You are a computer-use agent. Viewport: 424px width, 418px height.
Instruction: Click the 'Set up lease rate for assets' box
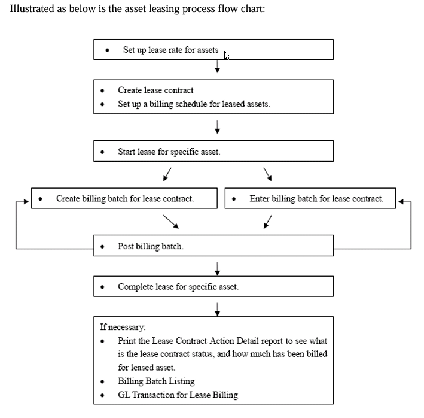point(213,50)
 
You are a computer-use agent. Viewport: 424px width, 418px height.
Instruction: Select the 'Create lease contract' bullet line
point(155,90)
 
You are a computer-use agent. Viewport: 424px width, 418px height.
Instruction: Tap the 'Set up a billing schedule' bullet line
point(194,104)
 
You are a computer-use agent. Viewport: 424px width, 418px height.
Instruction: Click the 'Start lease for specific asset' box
point(213,152)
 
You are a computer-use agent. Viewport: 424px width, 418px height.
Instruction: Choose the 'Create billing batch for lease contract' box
point(124,198)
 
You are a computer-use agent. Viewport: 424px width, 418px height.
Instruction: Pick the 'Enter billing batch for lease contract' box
point(310,198)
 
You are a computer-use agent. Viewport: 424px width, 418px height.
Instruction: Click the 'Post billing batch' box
point(213,246)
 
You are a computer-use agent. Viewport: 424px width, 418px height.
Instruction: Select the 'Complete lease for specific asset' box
point(213,286)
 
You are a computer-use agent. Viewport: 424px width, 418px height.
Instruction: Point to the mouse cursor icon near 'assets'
point(227,56)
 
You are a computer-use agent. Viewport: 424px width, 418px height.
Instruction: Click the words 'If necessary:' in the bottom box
point(123,327)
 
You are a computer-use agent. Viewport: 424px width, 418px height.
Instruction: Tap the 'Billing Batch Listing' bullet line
point(156,381)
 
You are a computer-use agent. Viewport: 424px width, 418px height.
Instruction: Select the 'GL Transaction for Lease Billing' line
point(178,395)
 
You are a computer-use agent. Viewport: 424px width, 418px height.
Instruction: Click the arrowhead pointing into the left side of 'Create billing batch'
point(26,201)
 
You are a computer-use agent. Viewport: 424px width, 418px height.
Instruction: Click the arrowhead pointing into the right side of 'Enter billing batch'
point(401,201)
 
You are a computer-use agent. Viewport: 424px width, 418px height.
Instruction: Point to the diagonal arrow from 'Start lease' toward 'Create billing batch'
point(167,174)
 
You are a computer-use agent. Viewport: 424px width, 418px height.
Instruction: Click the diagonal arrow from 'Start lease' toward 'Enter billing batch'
point(268,174)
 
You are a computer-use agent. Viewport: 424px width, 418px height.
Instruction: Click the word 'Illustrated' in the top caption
point(33,12)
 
